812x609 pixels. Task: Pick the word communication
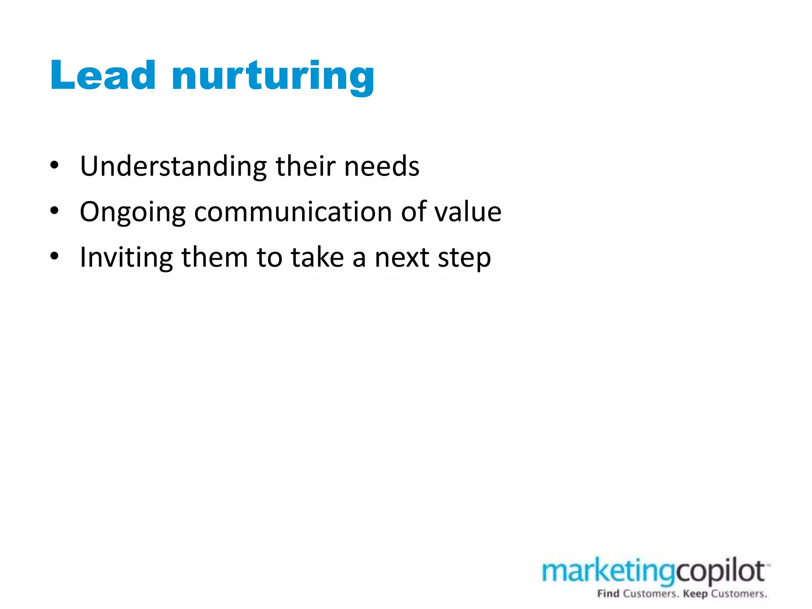coord(293,212)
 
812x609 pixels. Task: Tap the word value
coord(468,212)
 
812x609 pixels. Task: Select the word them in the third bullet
coord(214,258)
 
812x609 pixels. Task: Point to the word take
coord(317,258)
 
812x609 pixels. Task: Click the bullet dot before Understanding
coord(55,165)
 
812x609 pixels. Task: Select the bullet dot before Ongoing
coord(55,211)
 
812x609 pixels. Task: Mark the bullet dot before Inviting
coord(55,256)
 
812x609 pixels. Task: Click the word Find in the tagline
coord(608,594)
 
